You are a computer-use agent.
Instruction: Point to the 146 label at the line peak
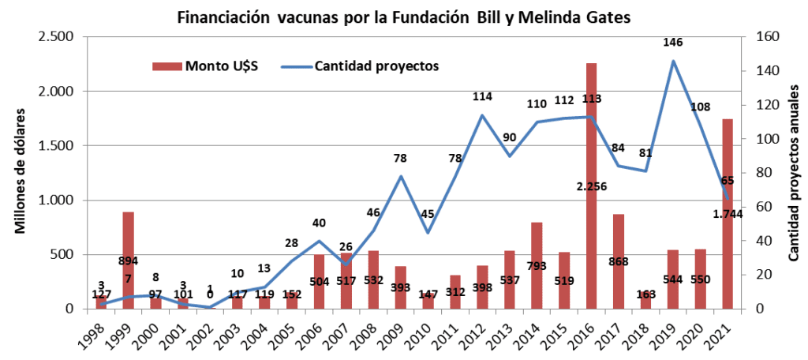(x=673, y=43)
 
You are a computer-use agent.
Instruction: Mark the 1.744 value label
(x=728, y=213)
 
